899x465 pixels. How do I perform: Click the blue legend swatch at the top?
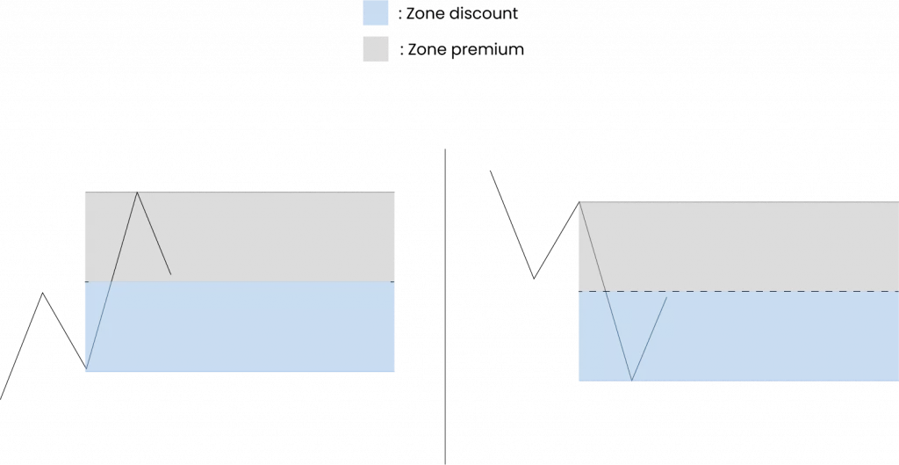click(376, 13)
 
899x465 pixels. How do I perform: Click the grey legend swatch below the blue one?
click(376, 48)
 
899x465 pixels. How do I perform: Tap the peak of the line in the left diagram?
click(137, 191)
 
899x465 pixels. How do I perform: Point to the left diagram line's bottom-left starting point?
click(86, 367)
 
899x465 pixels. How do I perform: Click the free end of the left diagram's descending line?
click(171, 274)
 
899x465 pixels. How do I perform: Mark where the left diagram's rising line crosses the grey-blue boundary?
click(111, 281)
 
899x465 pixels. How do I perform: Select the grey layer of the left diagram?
click(263, 236)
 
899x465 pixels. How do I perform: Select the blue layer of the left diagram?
click(263, 327)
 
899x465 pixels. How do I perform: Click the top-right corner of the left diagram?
click(398, 191)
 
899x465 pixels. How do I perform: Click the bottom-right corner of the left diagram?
click(398, 372)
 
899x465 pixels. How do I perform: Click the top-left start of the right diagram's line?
click(580, 203)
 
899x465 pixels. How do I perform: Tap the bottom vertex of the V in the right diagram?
click(631, 381)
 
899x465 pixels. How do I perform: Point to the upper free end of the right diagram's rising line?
click(667, 298)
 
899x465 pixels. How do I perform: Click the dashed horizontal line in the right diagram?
click(773, 291)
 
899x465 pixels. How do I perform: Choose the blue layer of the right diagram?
click(773, 338)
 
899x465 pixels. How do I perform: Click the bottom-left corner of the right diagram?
click(578, 382)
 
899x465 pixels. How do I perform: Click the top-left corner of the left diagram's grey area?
click(85, 191)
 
